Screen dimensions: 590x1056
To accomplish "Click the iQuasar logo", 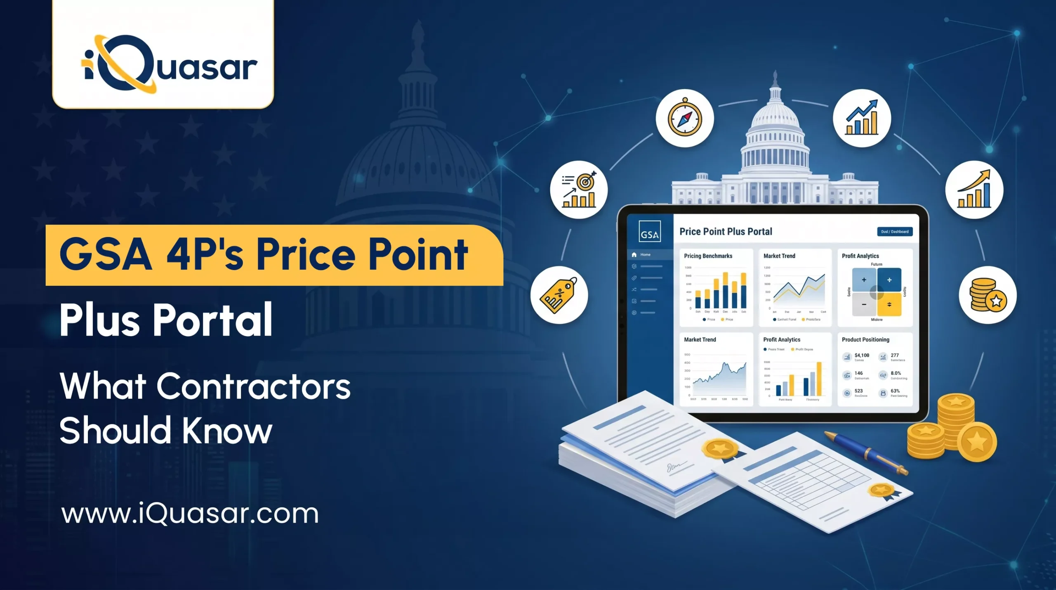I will coord(169,64).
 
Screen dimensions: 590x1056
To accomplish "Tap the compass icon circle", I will coord(685,118).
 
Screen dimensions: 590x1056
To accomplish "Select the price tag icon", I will coord(559,295).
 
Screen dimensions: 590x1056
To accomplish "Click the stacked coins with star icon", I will coord(988,295).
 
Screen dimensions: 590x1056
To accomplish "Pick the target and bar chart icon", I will coord(579,190).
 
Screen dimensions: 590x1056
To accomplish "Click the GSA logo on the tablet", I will coord(649,232).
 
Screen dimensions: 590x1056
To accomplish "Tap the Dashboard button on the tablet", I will coord(894,232).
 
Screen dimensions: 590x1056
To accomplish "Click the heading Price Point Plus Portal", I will coord(726,232).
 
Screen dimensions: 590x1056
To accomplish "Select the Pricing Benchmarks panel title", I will coord(708,256).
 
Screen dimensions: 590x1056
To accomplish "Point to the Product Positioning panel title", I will coord(865,339).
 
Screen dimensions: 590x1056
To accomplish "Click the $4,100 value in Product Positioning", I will coord(862,355).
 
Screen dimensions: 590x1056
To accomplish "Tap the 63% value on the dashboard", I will coord(895,391).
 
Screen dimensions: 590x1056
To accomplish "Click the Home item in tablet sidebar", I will coord(645,255).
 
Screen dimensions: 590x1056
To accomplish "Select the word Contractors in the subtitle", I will coord(253,387).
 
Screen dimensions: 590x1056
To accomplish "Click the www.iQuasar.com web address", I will coord(190,514).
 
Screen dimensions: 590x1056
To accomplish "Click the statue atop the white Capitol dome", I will coord(775,77).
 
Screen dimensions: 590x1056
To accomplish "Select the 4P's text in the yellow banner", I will coord(205,255).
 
